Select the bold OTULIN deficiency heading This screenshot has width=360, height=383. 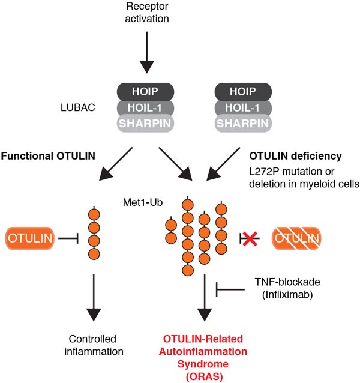pos(298,155)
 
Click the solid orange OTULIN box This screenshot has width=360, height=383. pos(31,239)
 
